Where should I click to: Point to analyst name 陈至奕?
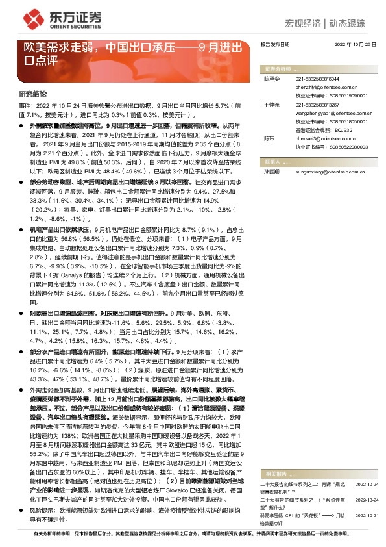tap(271, 78)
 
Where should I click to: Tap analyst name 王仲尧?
tap(271, 104)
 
